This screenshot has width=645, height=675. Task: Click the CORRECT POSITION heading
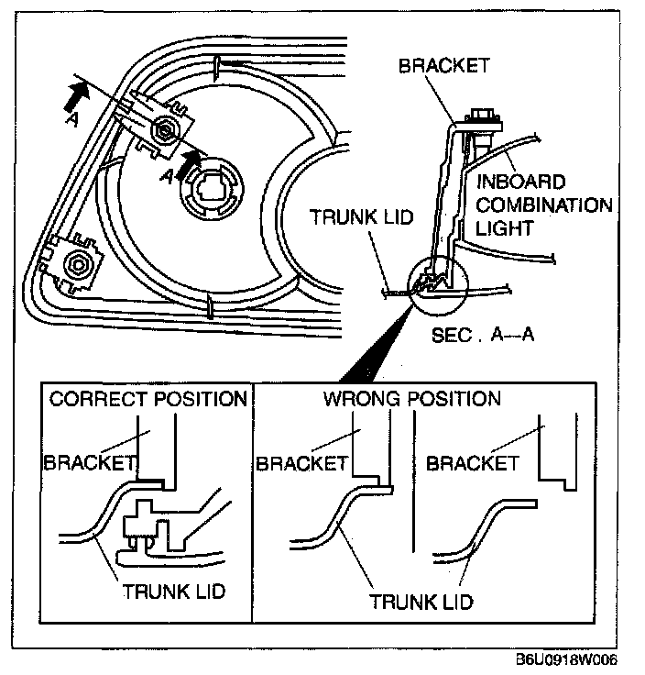[x=148, y=399]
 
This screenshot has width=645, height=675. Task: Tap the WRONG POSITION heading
[x=411, y=399]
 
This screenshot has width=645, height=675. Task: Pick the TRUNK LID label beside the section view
[x=362, y=217]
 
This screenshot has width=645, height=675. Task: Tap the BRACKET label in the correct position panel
[x=90, y=462]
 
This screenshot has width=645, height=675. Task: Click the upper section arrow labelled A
[x=77, y=94]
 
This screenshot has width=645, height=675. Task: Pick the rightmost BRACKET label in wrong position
[x=474, y=462]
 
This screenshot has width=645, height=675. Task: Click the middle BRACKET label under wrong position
[x=301, y=462]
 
